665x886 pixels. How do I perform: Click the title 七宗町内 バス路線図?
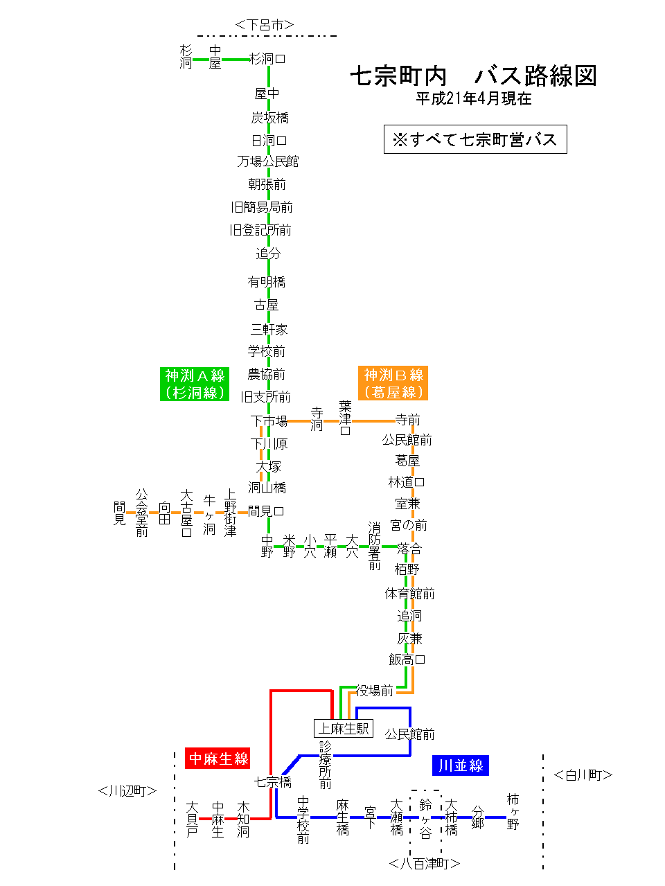point(473,76)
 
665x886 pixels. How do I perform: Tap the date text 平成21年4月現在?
point(473,99)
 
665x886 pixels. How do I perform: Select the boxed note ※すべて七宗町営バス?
point(475,139)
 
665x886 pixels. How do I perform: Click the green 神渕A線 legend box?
point(195,384)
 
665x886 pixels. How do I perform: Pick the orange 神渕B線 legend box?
point(393,383)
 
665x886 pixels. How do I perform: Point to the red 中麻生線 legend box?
point(218,759)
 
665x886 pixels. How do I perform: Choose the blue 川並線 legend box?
point(461,765)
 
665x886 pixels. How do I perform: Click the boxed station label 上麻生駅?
point(344,729)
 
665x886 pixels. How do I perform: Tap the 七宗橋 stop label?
point(273,782)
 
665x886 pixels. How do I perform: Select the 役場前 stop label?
point(375,691)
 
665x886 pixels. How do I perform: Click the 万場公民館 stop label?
point(268,161)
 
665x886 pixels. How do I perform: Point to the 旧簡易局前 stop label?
point(262,207)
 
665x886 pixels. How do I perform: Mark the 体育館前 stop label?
point(409,594)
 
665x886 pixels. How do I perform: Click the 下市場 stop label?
point(269,420)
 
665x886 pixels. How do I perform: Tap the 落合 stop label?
point(409,548)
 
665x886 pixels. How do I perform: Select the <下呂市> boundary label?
point(265,25)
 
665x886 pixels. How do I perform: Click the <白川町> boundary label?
point(583,775)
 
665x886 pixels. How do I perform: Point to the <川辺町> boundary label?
point(127,790)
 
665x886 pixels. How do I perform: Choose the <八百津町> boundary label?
point(425,864)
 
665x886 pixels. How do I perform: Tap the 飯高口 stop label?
point(407,659)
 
